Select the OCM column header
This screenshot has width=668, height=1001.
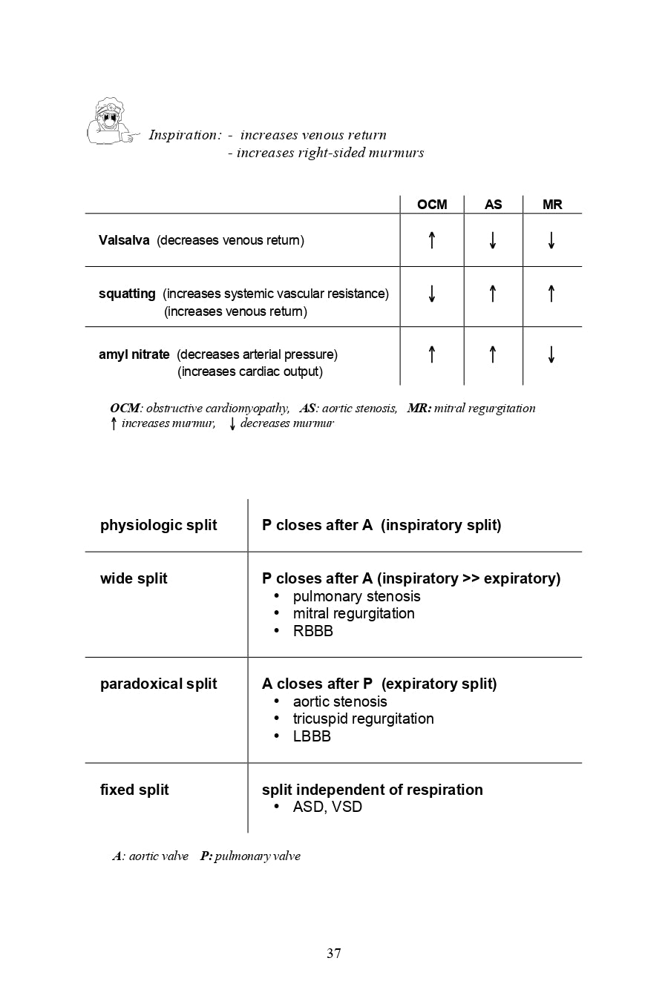pos(432,205)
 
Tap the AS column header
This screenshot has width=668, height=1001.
pos(493,205)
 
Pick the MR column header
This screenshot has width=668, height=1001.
pos(552,205)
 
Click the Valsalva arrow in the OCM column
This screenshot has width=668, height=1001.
pos(432,240)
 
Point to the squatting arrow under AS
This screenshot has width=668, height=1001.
pos(493,294)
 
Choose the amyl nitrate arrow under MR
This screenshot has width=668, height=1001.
pos(551,354)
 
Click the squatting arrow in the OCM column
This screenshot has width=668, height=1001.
pos(432,294)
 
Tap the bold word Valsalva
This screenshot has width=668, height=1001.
pos(124,240)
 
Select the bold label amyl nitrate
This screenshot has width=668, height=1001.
pos(134,354)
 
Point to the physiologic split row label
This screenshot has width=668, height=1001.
pos(158,526)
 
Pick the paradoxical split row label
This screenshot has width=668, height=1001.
pos(158,684)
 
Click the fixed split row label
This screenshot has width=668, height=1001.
pos(134,790)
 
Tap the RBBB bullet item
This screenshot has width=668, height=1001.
pos(312,631)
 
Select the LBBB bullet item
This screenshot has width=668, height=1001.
pos(312,736)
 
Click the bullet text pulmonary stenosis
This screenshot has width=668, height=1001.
pos(356,596)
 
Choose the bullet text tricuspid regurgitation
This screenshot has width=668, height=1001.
pos(363,718)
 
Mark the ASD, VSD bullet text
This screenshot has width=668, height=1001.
pos(327,807)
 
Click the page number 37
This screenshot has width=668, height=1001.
pos(334,954)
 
